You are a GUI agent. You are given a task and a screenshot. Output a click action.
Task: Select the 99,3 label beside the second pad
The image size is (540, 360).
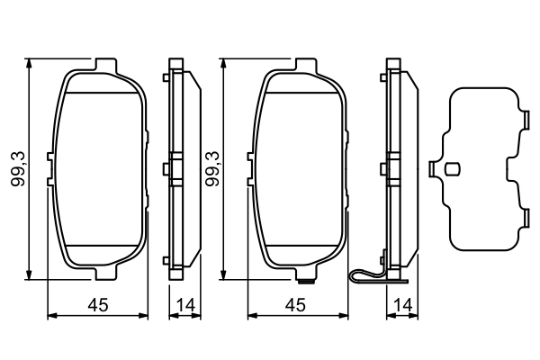(x=213, y=169)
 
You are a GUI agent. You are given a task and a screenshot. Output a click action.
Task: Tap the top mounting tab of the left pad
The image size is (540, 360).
(x=106, y=65)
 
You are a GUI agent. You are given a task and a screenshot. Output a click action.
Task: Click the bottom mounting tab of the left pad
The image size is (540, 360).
(x=106, y=273)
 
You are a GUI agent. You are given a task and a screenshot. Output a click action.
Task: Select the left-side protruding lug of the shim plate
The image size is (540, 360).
(x=436, y=168)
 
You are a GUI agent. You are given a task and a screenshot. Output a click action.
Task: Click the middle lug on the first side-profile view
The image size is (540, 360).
(x=167, y=168)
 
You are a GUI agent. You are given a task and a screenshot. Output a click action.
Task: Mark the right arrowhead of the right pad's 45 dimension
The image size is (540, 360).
(x=341, y=315)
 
